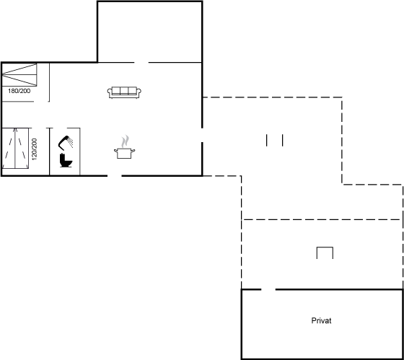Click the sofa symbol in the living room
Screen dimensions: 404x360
click(x=124, y=92)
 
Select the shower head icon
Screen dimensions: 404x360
click(x=66, y=143)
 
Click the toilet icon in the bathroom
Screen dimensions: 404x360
click(x=66, y=160)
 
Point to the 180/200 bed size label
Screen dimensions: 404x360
click(x=19, y=91)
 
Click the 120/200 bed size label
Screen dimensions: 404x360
click(x=35, y=149)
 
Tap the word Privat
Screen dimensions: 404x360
click(x=321, y=320)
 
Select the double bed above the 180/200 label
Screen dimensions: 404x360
click(x=19, y=75)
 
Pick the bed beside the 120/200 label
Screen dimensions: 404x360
click(x=15, y=148)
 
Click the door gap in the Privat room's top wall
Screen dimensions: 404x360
click(x=268, y=289)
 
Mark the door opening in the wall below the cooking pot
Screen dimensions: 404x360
click(x=115, y=176)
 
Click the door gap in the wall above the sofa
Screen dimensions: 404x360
click(x=141, y=62)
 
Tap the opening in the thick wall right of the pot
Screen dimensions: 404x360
click(x=202, y=135)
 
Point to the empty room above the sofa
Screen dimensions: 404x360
click(x=150, y=32)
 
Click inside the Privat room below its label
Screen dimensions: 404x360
click(x=322, y=340)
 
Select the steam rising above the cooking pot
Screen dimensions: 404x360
click(x=126, y=141)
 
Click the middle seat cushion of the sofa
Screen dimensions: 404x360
click(x=124, y=91)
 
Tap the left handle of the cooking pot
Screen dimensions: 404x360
click(x=115, y=151)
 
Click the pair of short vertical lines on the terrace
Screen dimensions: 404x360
click(x=275, y=141)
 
